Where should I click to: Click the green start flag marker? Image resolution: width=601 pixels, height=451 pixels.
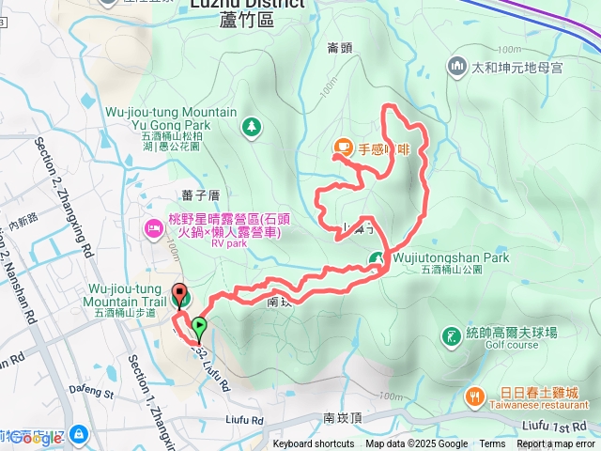click(x=199, y=328)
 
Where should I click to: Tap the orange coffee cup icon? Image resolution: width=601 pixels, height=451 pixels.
click(x=344, y=148)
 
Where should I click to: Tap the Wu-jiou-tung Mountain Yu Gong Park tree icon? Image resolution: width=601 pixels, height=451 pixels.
click(x=250, y=125)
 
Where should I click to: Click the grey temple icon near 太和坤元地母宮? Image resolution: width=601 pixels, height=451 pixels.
click(x=457, y=66)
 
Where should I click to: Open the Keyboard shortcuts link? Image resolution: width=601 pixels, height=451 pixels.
click(x=314, y=444)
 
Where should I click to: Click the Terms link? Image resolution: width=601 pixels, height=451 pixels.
click(x=491, y=444)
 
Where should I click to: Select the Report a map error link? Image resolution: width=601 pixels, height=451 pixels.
click(x=556, y=444)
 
